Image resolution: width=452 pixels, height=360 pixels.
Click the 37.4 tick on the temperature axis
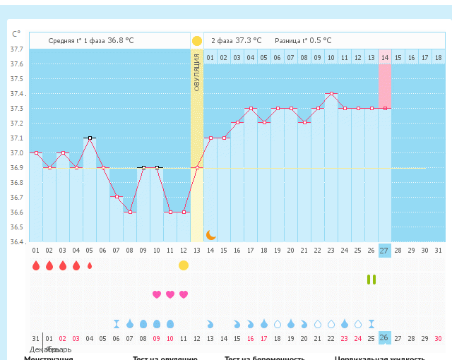[16, 94]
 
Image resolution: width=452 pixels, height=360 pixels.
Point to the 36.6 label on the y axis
[16, 212]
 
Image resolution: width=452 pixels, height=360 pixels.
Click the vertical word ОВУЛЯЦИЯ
[197, 71]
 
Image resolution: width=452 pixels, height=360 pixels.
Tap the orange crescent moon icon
[210, 234]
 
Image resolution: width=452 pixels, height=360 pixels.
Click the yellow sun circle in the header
[197, 41]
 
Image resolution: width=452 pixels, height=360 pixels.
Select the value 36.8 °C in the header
[120, 41]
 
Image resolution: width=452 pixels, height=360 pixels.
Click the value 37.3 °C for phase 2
[248, 41]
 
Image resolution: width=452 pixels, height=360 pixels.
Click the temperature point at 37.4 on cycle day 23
[331, 93]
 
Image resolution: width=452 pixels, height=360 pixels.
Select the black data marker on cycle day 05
[89, 138]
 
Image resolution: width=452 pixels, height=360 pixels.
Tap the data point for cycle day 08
[130, 212]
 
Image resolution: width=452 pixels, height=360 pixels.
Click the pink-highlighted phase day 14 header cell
[384, 57]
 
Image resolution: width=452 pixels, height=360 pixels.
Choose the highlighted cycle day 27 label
[384, 251]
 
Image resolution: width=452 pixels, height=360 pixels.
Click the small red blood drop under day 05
[90, 266]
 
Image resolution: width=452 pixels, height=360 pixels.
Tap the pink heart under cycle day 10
[170, 294]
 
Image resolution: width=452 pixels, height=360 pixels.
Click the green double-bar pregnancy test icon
[371, 280]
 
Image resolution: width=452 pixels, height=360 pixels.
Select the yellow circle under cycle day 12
[184, 265]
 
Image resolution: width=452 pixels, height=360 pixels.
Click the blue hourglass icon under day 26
[371, 323]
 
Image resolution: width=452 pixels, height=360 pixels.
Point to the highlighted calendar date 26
[384, 338]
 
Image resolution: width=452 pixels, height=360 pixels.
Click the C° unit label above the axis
[16, 34]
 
